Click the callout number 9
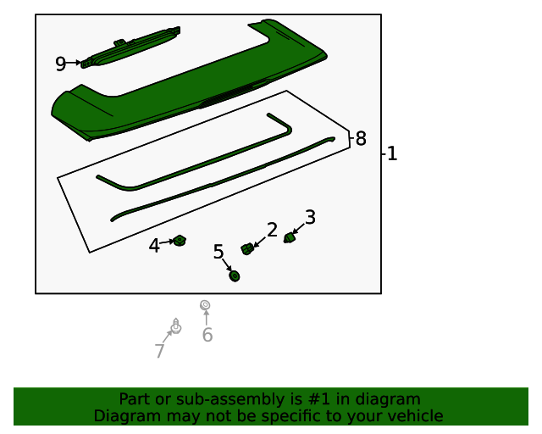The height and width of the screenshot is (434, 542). pyautogui.click(x=60, y=64)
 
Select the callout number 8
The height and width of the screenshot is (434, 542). pyautogui.click(x=361, y=138)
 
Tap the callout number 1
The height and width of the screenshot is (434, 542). pyautogui.click(x=392, y=153)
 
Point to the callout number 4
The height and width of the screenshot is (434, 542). pyautogui.click(x=154, y=246)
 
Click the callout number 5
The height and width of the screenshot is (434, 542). pyautogui.click(x=218, y=252)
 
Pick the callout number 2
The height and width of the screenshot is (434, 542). pyautogui.click(x=272, y=230)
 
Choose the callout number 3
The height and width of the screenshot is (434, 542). pyautogui.click(x=310, y=217)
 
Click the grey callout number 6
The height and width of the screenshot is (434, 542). pyautogui.click(x=207, y=335)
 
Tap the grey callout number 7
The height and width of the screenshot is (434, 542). pyautogui.click(x=159, y=351)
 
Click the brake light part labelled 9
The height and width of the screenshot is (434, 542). pyautogui.click(x=130, y=47)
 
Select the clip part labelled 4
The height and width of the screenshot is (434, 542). pyautogui.click(x=180, y=240)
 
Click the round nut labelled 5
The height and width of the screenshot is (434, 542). pyautogui.click(x=235, y=275)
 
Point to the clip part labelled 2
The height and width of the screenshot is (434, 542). pyautogui.click(x=246, y=249)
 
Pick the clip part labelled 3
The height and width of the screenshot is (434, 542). pyautogui.click(x=290, y=237)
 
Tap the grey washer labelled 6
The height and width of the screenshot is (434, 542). pyautogui.click(x=205, y=305)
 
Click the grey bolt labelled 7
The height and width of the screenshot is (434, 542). pyautogui.click(x=176, y=326)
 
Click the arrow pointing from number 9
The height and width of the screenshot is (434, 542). pyautogui.click(x=74, y=63)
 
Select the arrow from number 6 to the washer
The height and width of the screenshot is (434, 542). pyautogui.click(x=207, y=318)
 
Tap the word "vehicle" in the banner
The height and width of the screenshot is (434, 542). pyautogui.click(x=419, y=416)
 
